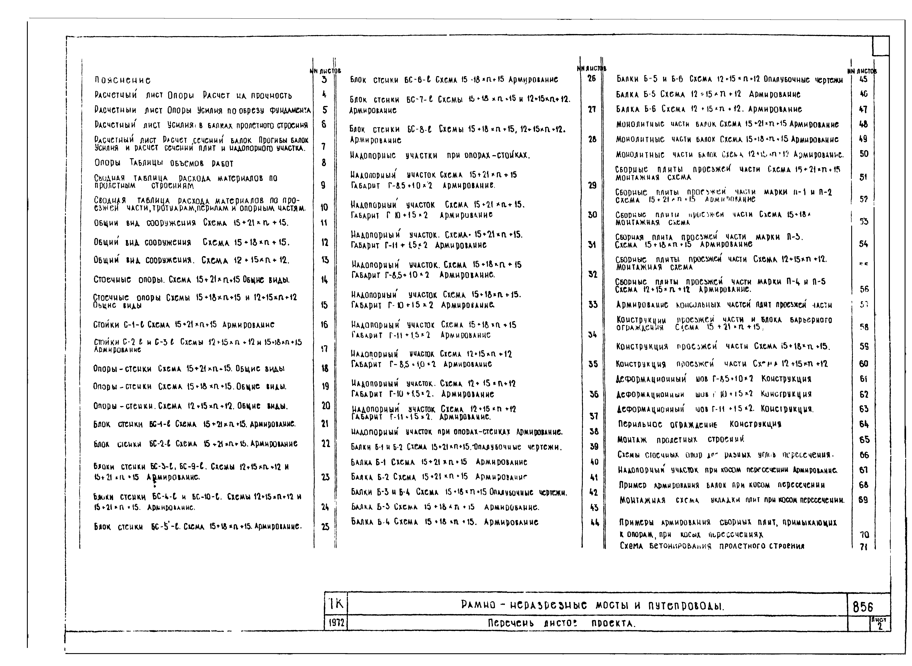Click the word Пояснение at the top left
pos(122,80)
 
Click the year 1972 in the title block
pos(336,623)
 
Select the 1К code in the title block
pos(336,604)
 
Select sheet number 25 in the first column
pos(325,527)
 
